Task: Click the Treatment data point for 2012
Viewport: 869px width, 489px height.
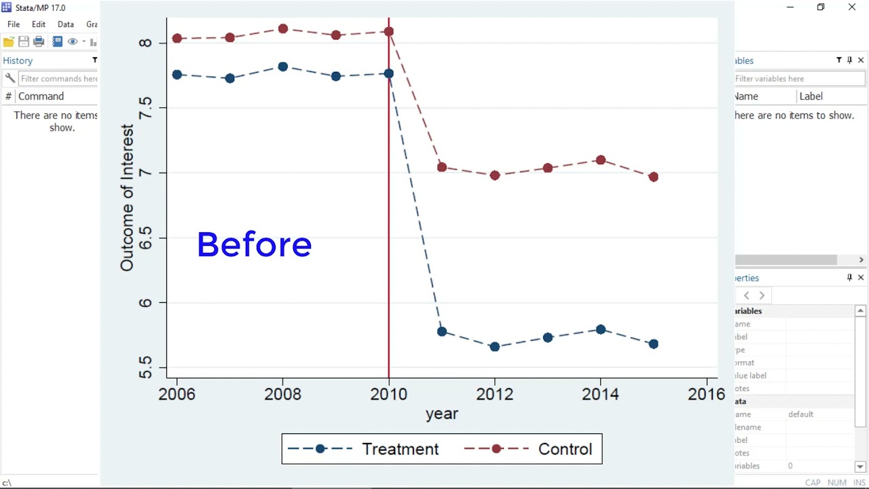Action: coord(495,346)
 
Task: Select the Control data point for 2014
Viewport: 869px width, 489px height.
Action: coord(601,160)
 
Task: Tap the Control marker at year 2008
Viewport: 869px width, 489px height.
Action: coord(283,29)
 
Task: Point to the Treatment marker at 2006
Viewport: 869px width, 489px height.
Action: coord(177,75)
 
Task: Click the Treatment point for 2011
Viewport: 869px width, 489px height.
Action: coord(442,331)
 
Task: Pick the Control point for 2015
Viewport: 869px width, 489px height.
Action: coord(654,177)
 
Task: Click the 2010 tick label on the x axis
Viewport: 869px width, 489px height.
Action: coord(389,394)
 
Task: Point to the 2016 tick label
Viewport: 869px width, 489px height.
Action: coord(707,394)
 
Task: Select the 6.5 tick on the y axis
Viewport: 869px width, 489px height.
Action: coord(145,238)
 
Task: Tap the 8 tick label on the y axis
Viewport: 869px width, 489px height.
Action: coord(145,43)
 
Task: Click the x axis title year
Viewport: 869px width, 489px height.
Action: coord(442,414)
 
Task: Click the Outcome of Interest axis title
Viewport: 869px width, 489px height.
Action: coord(127,198)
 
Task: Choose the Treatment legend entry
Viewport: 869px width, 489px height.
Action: coord(400,449)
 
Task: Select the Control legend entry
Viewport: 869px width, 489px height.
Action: coord(565,449)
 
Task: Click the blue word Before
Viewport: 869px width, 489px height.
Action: coord(254,244)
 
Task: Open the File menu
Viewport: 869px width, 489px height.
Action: coord(14,24)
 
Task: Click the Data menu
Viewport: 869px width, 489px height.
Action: coord(66,24)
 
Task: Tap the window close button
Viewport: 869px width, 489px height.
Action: coord(852,7)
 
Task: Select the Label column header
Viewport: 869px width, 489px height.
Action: coord(811,96)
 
